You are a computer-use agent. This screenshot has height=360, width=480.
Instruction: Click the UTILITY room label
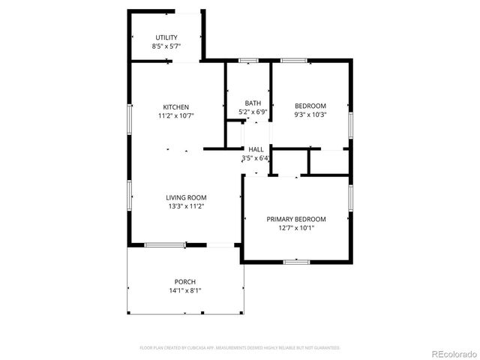166,37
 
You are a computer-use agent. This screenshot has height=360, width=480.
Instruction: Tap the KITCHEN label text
176,107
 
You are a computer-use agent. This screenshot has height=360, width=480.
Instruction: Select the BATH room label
253,103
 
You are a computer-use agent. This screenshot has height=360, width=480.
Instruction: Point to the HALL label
256,149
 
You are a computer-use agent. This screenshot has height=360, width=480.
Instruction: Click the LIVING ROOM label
186,197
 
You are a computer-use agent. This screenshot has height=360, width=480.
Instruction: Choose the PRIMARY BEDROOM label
296,219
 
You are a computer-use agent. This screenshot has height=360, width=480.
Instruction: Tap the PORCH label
185,281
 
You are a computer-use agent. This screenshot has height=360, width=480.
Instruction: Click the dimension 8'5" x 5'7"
166,46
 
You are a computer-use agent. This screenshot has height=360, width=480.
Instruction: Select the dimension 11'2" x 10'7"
176,116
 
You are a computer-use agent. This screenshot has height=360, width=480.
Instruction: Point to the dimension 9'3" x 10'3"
310,115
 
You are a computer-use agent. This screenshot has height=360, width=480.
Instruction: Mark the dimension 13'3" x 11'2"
186,206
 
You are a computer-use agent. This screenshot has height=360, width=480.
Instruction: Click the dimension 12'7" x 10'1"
296,228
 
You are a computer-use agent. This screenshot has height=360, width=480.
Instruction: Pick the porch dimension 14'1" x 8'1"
185,290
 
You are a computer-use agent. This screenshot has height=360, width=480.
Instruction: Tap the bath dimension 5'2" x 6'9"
253,112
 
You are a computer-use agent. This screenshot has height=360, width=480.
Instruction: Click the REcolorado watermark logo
452,352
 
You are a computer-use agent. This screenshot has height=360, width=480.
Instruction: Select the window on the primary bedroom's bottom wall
296,261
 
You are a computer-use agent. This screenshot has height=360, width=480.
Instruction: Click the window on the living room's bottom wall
165,244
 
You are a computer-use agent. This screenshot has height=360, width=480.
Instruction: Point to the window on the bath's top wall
248,60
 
